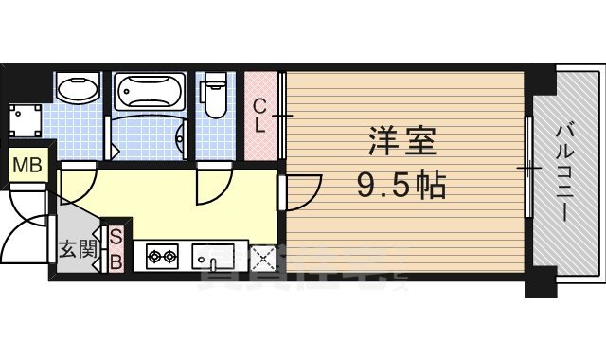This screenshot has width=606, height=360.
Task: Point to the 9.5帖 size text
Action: pyautogui.click(x=402, y=186)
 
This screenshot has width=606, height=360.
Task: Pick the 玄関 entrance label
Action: pyautogui.click(x=75, y=251)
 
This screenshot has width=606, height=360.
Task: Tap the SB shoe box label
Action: pyautogui.click(x=116, y=249)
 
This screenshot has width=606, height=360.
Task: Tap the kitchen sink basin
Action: pyautogui.click(x=213, y=256)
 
